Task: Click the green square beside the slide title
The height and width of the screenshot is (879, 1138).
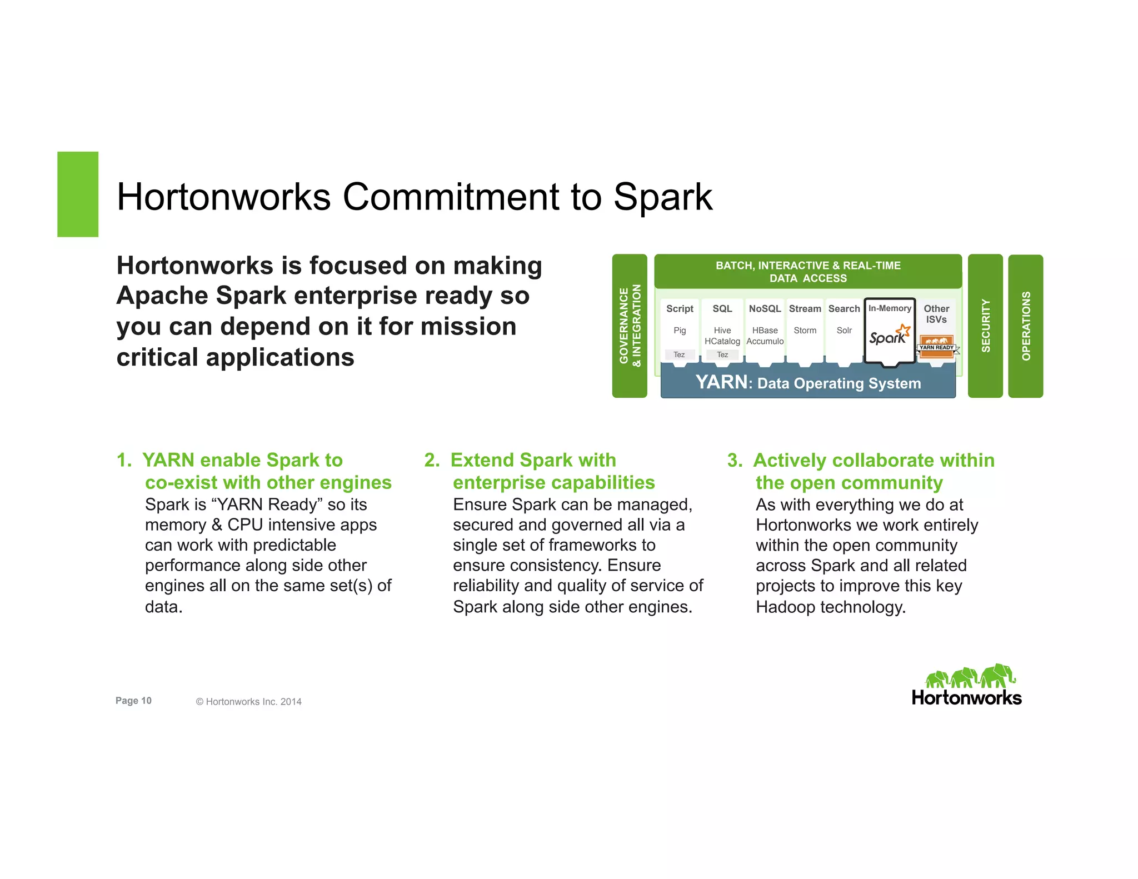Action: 78,194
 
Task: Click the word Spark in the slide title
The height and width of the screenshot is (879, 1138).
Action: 662,197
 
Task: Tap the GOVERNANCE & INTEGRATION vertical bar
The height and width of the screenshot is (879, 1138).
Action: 630,326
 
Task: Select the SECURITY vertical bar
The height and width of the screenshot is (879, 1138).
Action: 985,326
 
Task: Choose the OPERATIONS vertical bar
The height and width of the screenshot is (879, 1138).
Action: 1026,326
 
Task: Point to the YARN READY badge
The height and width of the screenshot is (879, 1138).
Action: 937,346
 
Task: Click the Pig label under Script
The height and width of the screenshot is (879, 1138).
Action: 680,330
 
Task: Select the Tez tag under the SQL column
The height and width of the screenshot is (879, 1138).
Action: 722,354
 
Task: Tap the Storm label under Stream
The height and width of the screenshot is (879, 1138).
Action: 805,330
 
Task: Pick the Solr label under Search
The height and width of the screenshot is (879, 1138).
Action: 844,330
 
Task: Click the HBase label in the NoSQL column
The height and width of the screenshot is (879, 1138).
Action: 765,330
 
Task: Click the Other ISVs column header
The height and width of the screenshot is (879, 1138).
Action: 936,314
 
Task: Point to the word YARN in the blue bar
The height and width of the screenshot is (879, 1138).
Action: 721,382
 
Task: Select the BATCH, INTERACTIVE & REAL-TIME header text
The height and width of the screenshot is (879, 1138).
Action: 808,266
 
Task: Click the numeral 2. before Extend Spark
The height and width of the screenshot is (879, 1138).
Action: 432,460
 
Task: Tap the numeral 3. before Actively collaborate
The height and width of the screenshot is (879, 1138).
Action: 735,461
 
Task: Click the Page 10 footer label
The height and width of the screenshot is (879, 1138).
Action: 133,701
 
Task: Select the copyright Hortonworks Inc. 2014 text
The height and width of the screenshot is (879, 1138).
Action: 248,702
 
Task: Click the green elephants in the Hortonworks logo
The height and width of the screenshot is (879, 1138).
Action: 970,676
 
